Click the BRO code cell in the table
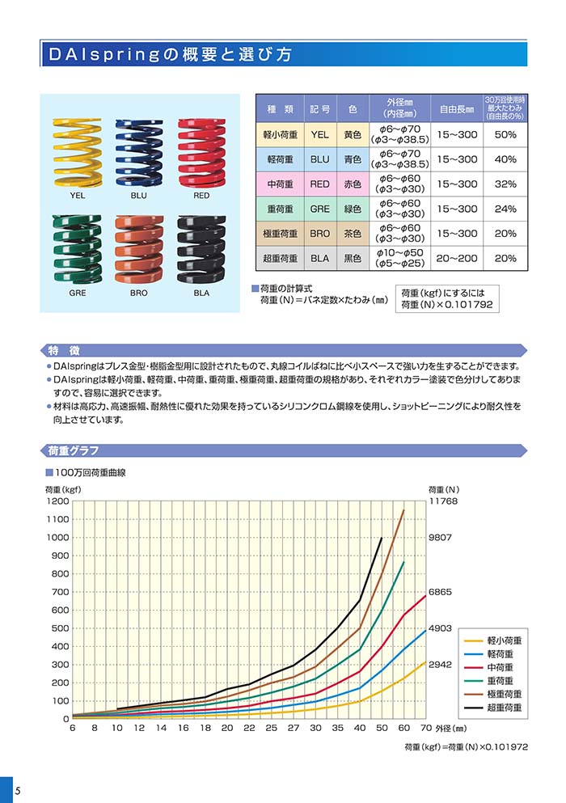point(320,234)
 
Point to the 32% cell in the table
point(505,184)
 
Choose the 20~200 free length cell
point(457,258)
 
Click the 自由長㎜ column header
point(457,108)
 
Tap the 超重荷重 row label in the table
point(281,258)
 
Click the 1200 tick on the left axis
point(59,501)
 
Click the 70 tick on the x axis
point(426,729)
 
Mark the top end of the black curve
point(382,538)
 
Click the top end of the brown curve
point(403,510)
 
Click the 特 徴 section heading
point(64,350)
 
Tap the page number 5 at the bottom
point(6,790)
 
